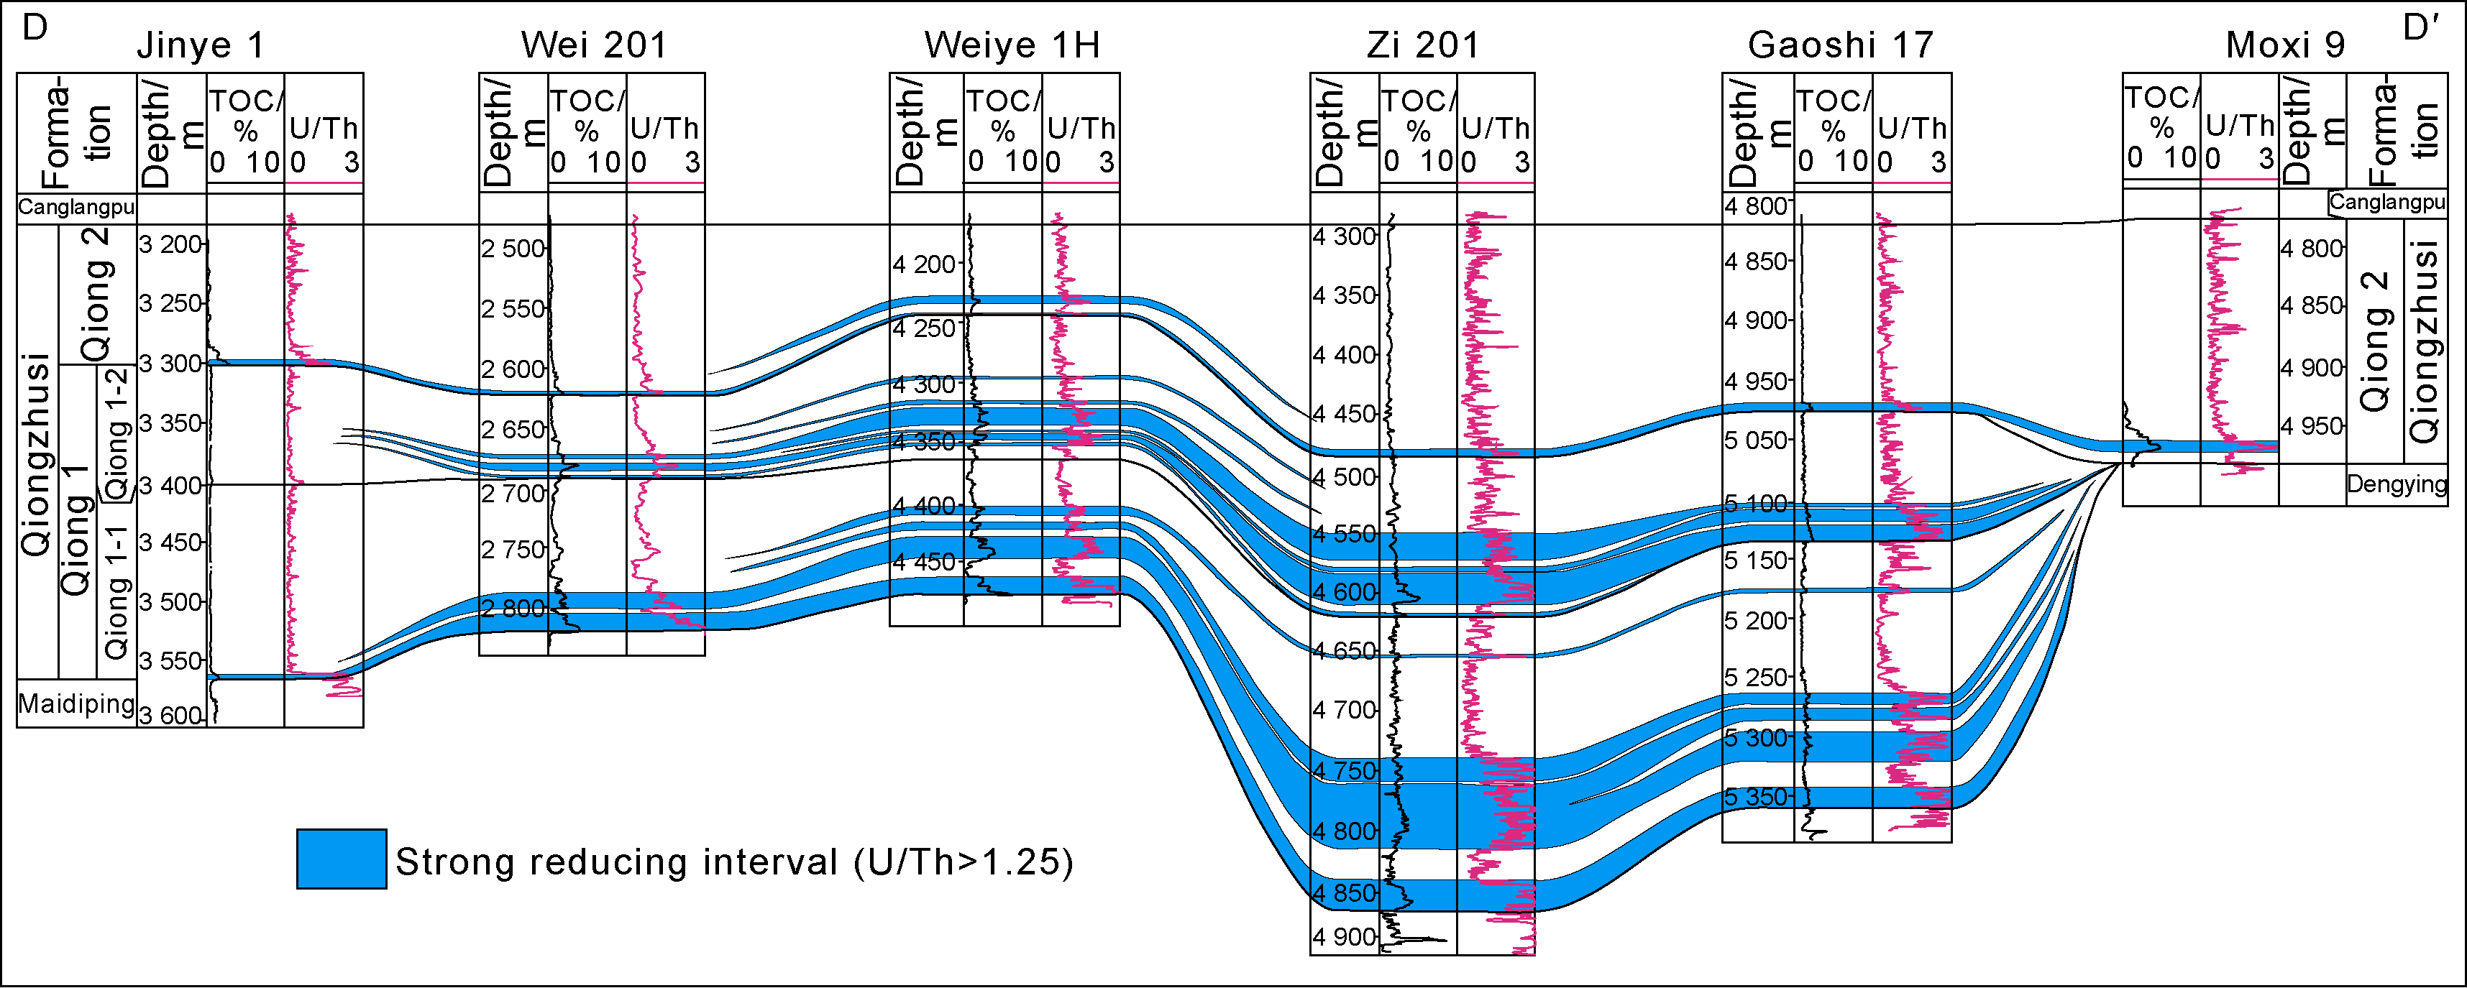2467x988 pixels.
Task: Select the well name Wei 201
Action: point(594,45)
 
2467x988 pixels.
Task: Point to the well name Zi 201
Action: point(1422,45)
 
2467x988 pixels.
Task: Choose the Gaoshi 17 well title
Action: point(1841,45)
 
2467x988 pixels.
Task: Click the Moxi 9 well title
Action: point(2285,45)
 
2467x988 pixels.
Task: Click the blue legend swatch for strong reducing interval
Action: point(341,859)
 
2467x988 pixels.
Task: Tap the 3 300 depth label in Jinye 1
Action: point(170,364)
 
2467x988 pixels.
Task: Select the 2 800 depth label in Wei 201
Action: point(513,609)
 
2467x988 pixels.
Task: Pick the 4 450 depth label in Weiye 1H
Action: point(924,562)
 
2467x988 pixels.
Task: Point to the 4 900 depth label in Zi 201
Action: point(1344,937)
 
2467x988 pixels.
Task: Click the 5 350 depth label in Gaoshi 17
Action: point(1757,798)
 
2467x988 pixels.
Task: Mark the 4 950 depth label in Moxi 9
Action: point(2312,426)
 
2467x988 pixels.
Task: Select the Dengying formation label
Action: point(2396,484)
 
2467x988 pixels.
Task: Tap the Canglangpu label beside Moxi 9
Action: point(2386,202)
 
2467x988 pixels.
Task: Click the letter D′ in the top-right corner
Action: point(2420,29)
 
